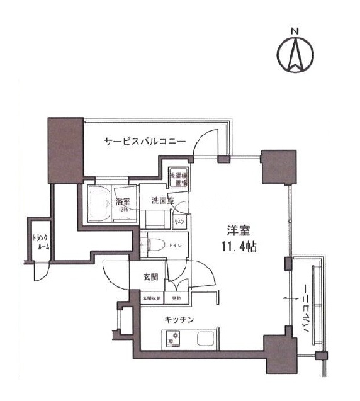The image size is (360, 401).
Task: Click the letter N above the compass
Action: coord(295,30)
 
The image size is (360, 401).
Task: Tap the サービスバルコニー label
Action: coord(145,142)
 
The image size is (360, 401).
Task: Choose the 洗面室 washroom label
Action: coord(162,201)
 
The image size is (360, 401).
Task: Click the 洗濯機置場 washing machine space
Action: coord(179,177)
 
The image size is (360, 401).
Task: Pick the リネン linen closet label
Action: coord(179,222)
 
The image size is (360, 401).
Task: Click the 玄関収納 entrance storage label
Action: coord(152,298)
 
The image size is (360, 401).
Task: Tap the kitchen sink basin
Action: coord(206,339)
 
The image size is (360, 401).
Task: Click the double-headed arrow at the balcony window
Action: coord(291,298)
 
